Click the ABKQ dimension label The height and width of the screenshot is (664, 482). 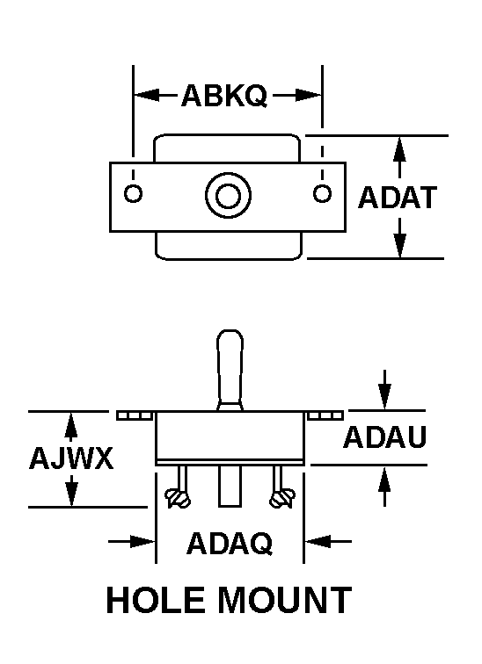click(224, 96)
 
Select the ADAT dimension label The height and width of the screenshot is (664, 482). click(398, 198)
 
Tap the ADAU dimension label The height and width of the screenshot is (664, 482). click(384, 437)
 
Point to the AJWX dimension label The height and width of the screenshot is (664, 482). click(71, 458)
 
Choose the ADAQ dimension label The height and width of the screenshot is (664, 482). click(230, 544)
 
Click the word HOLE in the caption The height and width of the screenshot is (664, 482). click(156, 600)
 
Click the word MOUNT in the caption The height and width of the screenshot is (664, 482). click(284, 600)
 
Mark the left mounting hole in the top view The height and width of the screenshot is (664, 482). click(133, 194)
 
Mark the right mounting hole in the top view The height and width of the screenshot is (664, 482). click(322, 193)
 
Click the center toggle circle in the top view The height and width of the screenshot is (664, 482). click(228, 196)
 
